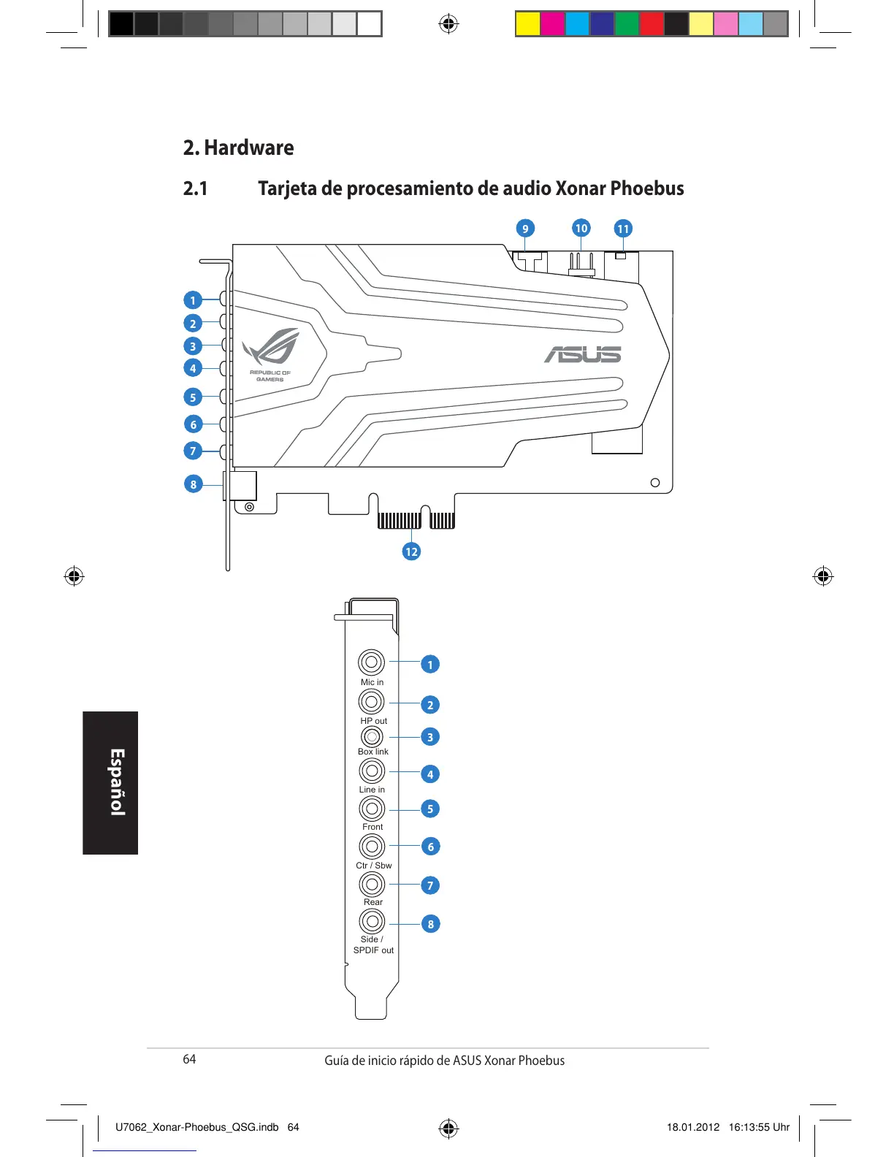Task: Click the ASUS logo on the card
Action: click(582, 355)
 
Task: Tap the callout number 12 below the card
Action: click(411, 551)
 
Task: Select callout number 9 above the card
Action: click(524, 229)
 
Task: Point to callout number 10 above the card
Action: click(581, 228)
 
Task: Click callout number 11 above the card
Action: click(623, 229)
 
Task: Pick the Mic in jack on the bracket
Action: click(371, 662)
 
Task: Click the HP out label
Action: click(373, 721)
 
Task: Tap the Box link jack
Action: click(372, 736)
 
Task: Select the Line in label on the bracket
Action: click(372, 790)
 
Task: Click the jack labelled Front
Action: click(372, 808)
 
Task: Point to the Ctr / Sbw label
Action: click(373, 866)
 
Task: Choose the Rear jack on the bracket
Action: click(372, 884)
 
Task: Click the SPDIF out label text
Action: click(373, 950)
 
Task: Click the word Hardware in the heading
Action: click(249, 148)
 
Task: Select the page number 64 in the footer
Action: click(189, 1059)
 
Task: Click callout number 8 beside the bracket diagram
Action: click(430, 924)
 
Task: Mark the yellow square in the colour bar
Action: click(527, 24)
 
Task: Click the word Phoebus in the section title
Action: click(647, 188)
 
